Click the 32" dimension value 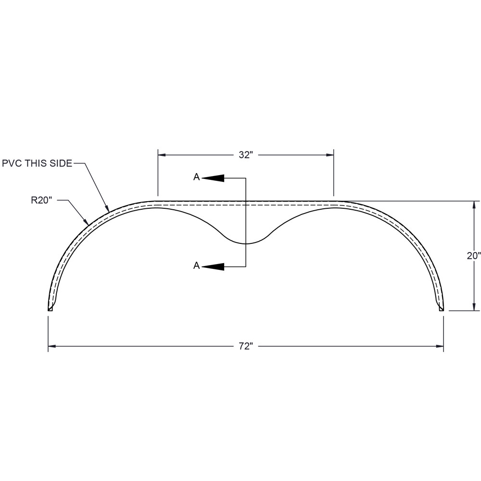click(245, 155)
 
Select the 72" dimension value click(245, 346)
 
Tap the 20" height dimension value click(473, 256)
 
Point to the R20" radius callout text click(41, 201)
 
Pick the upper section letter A click(196, 177)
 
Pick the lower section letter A click(196, 266)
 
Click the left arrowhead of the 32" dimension click(162, 155)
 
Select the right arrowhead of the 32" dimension click(329, 155)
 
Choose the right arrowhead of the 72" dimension click(439, 346)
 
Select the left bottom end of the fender click(50, 309)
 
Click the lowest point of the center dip click(246, 244)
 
